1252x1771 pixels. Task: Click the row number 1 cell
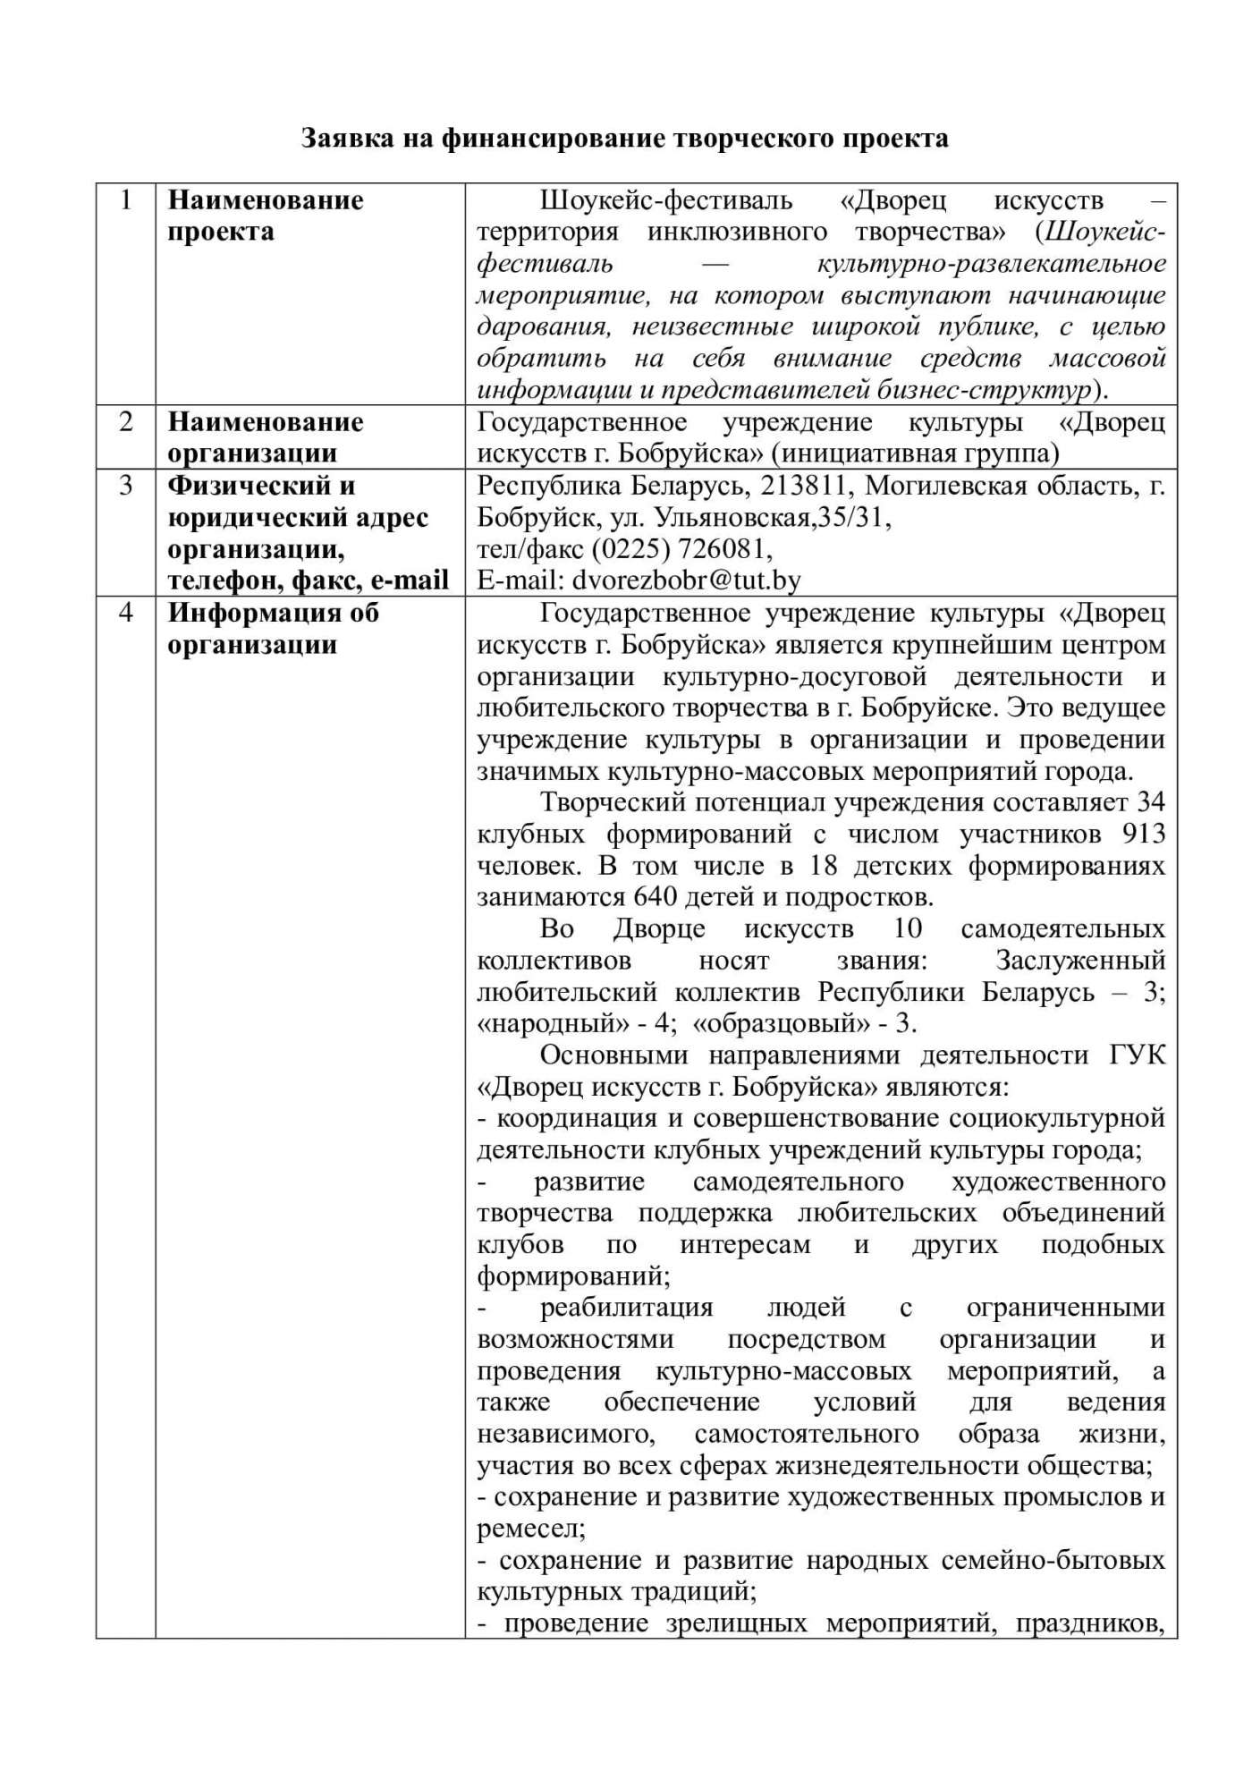pyautogui.click(x=126, y=199)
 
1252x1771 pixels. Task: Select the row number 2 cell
pyautogui.click(x=126, y=421)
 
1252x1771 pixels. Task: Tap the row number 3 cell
pyautogui.click(x=126, y=486)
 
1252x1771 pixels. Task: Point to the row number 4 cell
pyautogui.click(x=126, y=613)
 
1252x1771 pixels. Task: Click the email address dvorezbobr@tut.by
pyautogui.click(x=686, y=580)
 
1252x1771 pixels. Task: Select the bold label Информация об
pyautogui.click(x=274, y=613)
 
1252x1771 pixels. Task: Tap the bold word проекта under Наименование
pyautogui.click(x=221, y=232)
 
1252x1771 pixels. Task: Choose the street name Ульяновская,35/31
pyautogui.click(x=773, y=517)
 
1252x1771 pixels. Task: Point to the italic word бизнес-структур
pyautogui.click(x=988, y=390)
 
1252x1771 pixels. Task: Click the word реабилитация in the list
pyautogui.click(x=626, y=1307)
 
